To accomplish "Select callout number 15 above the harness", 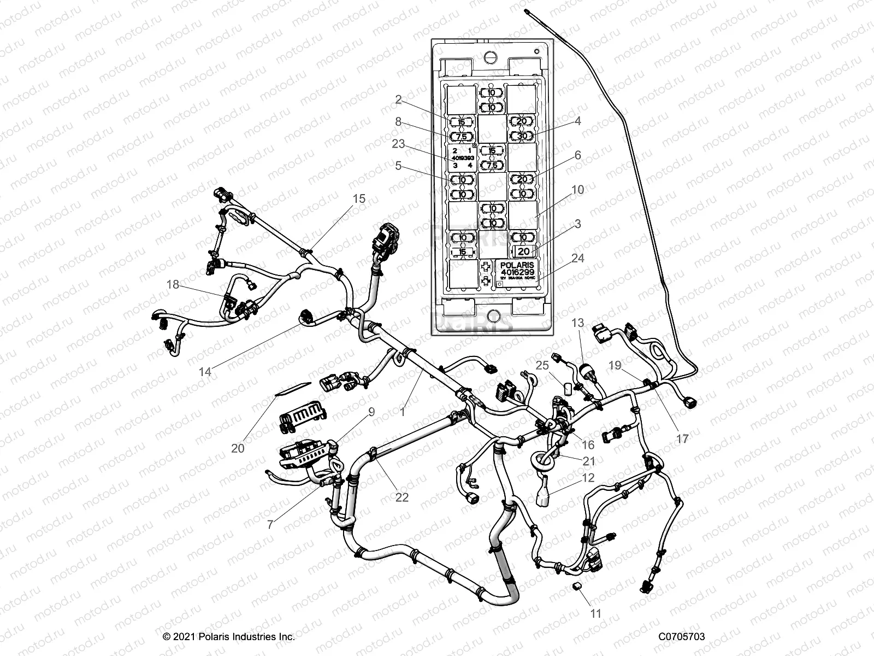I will point(359,199).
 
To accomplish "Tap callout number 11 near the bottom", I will point(596,614).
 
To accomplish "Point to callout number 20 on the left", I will point(238,448).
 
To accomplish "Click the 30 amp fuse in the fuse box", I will point(522,136).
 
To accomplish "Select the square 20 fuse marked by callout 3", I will point(523,251).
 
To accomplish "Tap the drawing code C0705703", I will point(681,636).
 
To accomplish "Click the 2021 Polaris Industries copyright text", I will point(229,636).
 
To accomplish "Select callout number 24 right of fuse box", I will point(577,257).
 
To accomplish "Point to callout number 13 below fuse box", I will point(577,323).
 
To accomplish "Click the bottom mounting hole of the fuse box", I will point(493,316).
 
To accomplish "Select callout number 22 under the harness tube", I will point(401,497).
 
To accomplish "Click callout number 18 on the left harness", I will point(173,284).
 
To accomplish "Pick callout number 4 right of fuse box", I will point(577,121).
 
